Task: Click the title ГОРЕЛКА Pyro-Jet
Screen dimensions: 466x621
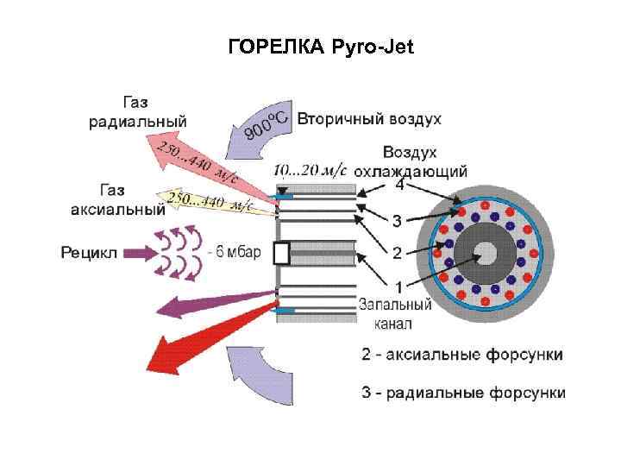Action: pos(321,47)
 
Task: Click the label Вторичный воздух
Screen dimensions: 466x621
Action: pos(369,118)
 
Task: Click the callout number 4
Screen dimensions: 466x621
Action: pos(399,184)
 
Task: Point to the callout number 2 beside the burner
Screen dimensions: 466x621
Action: pos(397,253)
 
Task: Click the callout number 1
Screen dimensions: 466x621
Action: pos(398,286)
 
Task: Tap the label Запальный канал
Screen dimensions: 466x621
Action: pos(394,313)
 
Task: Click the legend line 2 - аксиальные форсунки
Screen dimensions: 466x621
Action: pos(462,354)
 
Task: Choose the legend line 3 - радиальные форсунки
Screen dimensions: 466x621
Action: pos(463,393)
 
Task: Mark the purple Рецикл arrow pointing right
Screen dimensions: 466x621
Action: pos(134,253)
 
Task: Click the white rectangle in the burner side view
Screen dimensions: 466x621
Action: pos(281,252)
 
